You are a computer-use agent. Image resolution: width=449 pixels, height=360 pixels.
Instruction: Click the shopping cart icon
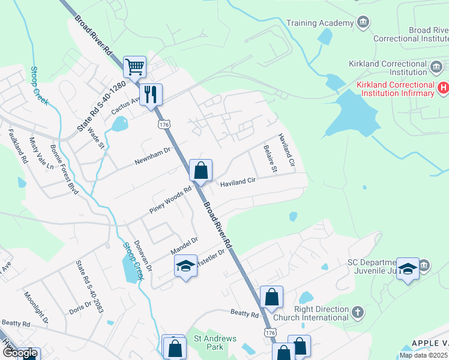coord(134,67)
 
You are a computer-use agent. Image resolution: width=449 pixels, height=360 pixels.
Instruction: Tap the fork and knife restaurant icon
coord(151,94)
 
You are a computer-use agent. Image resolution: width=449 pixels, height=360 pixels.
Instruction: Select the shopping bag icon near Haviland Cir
coord(201,170)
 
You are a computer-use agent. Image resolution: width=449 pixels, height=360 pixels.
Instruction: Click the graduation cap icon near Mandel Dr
coord(185,266)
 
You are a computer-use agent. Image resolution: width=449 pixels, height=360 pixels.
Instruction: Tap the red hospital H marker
coord(443,88)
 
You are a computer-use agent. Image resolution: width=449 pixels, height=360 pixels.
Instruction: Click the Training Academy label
coord(320,23)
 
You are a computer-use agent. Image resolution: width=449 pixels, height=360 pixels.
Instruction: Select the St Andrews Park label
coord(215,343)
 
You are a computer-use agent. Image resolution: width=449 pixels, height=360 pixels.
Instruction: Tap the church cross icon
coord(358,312)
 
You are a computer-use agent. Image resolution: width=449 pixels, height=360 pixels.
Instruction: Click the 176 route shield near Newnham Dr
coord(164,123)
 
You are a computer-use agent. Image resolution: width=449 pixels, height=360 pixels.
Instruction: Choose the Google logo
coord(20,353)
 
